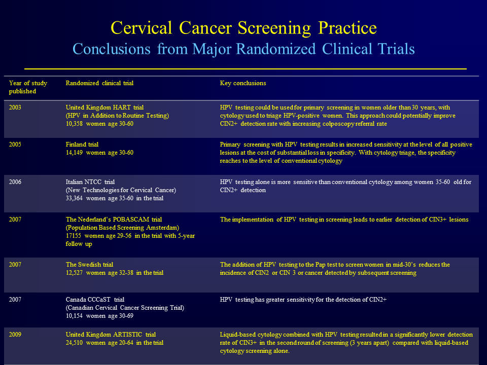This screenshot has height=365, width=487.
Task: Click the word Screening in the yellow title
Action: click(274, 28)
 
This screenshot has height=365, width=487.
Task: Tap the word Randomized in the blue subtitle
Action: click(275, 49)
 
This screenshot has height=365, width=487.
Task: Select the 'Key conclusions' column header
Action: click(243, 83)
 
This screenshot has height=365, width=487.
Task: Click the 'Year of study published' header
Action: click(28, 87)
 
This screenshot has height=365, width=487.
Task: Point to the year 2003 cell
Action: click(15, 107)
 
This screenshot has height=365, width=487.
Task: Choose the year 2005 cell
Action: click(15, 144)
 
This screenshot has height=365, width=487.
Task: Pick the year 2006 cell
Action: click(15, 182)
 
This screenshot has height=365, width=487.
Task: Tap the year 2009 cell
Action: click(15, 335)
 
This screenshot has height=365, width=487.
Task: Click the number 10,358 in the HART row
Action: click(74, 124)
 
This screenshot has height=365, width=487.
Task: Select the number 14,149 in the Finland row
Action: click(74, 153)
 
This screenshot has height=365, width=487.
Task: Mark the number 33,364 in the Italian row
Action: click(74, 198)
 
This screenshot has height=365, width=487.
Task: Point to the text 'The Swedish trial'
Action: click(89, 265)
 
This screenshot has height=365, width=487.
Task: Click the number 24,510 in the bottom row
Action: click(74, 343)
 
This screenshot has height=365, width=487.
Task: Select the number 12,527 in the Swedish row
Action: click(74, 273)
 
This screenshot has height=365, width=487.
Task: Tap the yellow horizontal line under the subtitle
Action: click(246, 68)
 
